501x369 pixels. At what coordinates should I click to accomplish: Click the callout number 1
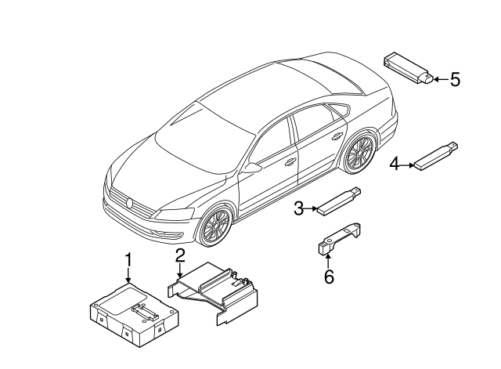coord(128,259)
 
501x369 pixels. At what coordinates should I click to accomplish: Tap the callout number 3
coord(298,208)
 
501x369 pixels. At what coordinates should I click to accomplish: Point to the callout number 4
coord(395,165)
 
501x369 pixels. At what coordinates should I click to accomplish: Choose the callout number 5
coord(456,79)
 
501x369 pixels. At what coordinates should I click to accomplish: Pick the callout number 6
coord(329,277)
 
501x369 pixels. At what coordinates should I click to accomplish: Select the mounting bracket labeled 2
coord(213,292)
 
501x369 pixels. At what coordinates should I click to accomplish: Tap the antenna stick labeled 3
coord(339,201)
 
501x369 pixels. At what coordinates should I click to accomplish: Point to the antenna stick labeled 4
coord(437,156)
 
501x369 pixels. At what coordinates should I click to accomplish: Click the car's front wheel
coord(216,226)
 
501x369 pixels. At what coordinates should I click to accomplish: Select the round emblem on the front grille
coord(130,203)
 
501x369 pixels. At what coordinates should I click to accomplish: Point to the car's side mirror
coord(252,168)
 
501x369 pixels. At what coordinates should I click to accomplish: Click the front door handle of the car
coord(290,162)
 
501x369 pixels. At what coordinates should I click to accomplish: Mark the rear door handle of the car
coord(337,137)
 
